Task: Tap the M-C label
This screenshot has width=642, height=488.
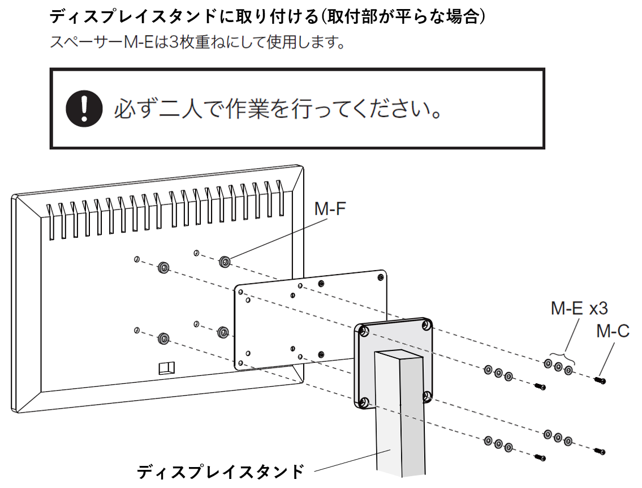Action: tap(613, 331)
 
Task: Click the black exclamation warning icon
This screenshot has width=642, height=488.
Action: tap(83, 109)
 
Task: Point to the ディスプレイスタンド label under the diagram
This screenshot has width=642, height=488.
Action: tap(221, 471)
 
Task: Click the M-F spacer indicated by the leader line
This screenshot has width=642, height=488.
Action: tap(225, 262)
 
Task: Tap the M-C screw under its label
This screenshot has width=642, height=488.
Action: tap(600, 380)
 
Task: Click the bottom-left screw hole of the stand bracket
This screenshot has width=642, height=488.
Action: tap(363, 402)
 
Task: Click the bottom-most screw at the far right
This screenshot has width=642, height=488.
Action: tap(600, 451)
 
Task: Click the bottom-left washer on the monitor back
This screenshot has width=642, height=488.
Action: tap(163, 339)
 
